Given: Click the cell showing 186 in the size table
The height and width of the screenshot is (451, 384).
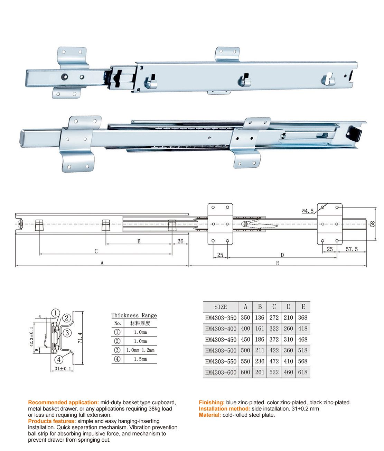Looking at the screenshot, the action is point(260,340).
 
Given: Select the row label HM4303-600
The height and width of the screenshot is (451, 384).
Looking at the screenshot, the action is point(221,372).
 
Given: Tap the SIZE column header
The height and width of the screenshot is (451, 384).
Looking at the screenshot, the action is point(221,307).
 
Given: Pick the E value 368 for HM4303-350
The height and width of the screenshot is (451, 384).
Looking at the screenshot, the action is point(303,318).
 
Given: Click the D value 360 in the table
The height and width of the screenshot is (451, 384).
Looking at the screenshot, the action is point(288,350).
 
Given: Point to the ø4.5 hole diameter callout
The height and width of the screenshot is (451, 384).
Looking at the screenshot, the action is point(308,211).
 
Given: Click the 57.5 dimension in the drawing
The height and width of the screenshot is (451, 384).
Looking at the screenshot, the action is point(352,249).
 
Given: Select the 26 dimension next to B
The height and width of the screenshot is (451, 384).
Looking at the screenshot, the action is point(180,241).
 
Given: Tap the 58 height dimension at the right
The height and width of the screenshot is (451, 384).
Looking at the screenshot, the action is point(373,224).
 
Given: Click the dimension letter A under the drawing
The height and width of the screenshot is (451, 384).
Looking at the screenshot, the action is point(102,263).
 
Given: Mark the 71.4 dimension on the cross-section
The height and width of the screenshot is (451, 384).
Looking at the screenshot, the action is point(80,338).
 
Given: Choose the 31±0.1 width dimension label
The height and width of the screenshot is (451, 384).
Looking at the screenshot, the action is point(63,369).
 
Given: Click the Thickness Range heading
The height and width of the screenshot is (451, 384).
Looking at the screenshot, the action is point(134,315).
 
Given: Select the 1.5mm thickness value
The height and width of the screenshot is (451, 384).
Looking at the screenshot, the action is point(140,359).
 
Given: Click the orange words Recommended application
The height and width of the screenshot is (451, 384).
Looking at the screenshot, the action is point(64,402).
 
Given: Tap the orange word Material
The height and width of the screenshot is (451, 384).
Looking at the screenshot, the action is point(210,415).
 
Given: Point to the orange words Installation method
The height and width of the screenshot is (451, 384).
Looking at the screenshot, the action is point(224,409).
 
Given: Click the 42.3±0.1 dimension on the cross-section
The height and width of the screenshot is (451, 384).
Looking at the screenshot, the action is point(31,337).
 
